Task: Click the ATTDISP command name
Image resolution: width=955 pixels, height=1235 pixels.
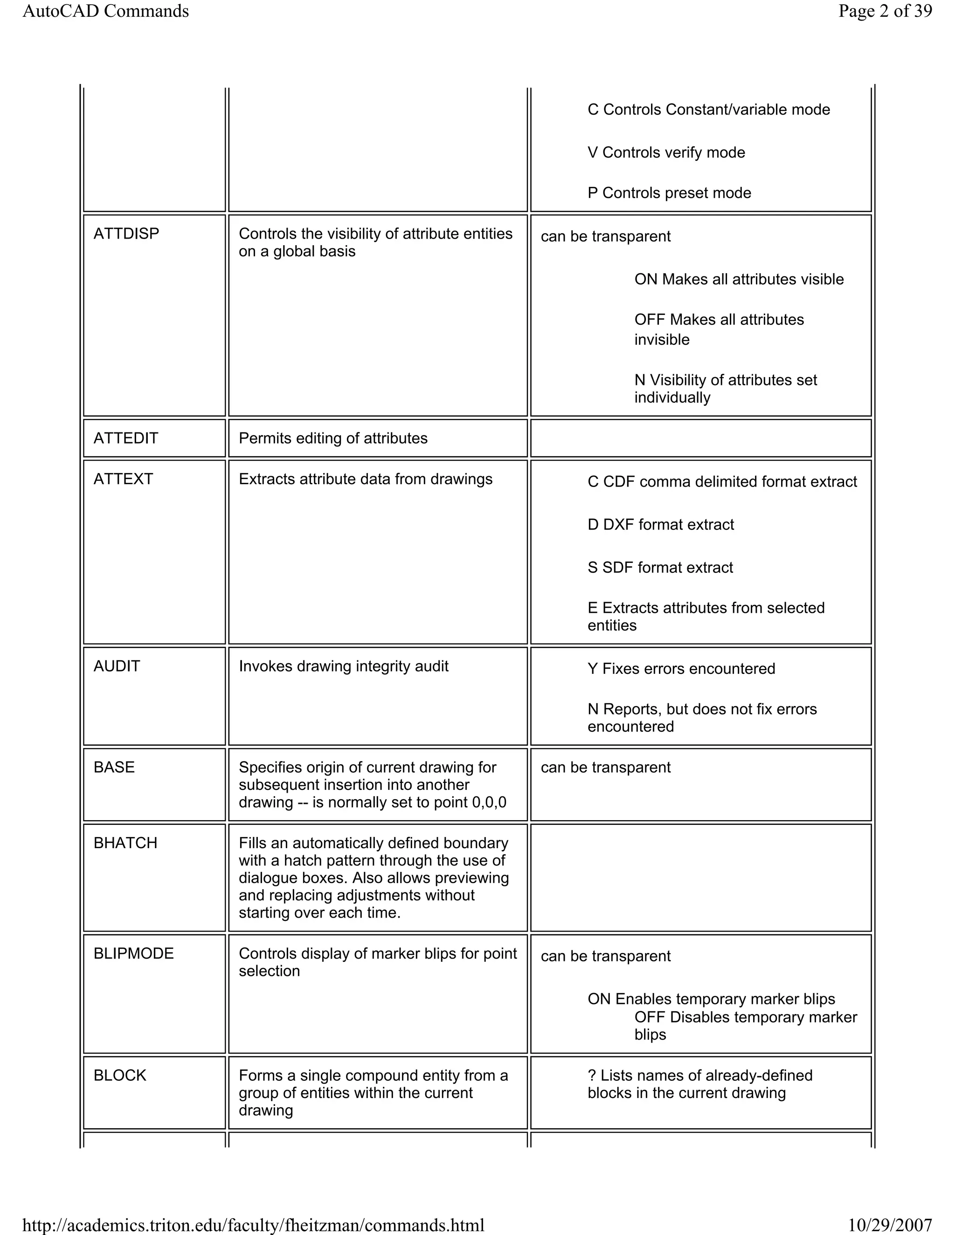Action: click(x=126, y=233)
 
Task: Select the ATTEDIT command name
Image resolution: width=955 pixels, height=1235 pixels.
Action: click(x=125, y=438)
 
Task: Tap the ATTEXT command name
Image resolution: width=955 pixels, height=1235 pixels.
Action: click(x=123, y=479)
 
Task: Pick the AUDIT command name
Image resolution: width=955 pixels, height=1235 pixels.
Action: click(x=117, y=666)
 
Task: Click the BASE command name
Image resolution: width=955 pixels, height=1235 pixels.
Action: click(x=114, y=768)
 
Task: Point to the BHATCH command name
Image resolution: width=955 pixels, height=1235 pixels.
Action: click(x=125, y=843)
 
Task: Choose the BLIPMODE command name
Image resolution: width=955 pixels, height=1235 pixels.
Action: click(x=133, y=954)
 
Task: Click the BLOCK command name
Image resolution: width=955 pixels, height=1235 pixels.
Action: click(x=119, y=1075)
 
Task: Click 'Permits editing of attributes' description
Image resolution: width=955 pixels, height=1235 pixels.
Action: click(x=332, y=438)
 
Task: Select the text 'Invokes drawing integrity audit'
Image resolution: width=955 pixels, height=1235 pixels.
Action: click(x=343, y=666)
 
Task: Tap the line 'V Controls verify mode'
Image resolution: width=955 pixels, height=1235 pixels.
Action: click(x=666, y=153)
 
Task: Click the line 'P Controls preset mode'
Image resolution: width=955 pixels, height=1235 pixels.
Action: click(x=669, y=193)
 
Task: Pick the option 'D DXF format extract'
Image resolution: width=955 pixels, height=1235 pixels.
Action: click(x=660, y=525)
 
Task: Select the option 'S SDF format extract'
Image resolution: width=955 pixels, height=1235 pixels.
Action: click(x=660, y=568)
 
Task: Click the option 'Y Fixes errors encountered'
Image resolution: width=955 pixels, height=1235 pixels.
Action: click(x=681, y=669)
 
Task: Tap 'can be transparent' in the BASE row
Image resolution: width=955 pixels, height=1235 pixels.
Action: click(x=605, y=768)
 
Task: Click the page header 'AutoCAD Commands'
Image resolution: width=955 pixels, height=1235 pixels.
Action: click(x=105, y=11)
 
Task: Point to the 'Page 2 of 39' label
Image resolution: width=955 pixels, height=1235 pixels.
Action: click(x=885, y=11)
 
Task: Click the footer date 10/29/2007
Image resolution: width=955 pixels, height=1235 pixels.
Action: click(x=889, y=1225)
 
